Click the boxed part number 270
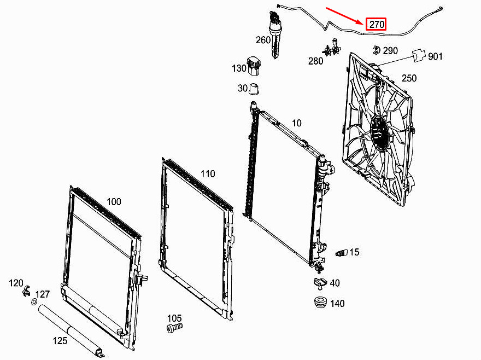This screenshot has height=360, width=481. pyautogui.click(x=377, y=24)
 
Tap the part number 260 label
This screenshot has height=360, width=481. pyautogui.click(x=263, y=40)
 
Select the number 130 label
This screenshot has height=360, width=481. pyautogui.click(x=239, y=68)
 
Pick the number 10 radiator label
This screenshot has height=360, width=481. pyautogui.click(x=296, y=123)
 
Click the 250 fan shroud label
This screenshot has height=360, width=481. pyautogui.click(x=409, y=78)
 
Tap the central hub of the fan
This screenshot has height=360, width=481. pyautogui.click(x=379, y=133)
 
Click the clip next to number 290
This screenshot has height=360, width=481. pyautogui.click(x=375, y=51)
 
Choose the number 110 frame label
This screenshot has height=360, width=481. pyautogui.click(x=208, y=174)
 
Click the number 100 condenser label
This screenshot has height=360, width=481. pyautogui.click(x=114, y=201)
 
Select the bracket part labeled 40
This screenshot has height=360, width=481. pyautogui.click(x=319, y=283)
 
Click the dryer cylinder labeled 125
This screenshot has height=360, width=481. pyautogui.click(x=69, y=327)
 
